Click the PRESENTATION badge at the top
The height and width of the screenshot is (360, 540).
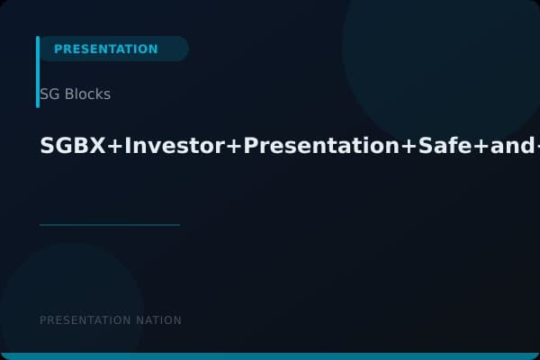(106, 49)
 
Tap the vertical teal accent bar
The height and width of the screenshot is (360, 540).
(38, 72)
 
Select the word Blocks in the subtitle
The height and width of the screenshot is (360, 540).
(87, 94)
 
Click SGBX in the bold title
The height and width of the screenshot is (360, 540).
(72, 147)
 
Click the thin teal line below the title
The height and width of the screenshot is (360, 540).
(110, 225)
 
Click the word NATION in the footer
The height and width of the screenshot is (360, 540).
(157, 320)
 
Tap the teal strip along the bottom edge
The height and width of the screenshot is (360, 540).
(270, 356)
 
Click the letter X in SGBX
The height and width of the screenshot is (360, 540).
(97, 147)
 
